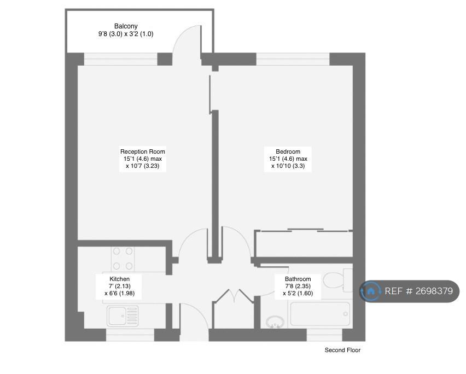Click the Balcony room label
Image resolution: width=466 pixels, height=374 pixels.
(126, 26)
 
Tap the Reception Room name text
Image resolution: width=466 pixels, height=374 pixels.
(143, 151)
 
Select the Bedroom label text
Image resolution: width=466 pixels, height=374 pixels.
(288, 151)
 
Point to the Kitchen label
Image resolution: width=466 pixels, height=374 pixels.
(119, 279)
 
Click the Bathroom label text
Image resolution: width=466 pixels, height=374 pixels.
(298, 279)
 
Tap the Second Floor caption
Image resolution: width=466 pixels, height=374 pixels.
(342, 350)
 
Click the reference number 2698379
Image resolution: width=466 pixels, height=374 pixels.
(434, 291)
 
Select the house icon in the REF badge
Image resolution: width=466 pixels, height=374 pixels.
(370, 291)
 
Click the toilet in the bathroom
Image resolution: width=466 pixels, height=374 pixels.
(337, 278)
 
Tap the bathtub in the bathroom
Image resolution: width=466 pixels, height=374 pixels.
(320, 314)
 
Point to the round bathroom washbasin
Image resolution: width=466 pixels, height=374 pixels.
(275, 322)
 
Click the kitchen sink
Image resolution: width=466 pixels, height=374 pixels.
(123, 316)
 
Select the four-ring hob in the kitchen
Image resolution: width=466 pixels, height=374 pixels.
(123, 259)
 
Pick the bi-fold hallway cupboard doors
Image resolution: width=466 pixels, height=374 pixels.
(234, 295)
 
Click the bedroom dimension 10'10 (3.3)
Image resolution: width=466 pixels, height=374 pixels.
(288, 166)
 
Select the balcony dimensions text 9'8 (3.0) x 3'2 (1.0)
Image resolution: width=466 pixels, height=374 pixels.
(126, 34)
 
